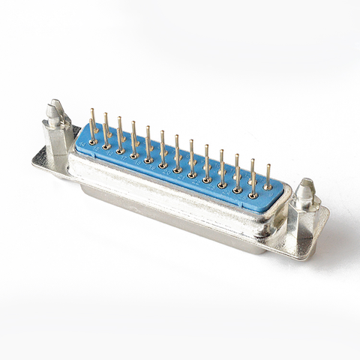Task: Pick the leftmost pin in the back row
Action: (92, 124)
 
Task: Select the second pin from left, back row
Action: (106, 127)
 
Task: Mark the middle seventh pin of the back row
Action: (177, 149)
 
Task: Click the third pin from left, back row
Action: (120, 132)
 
